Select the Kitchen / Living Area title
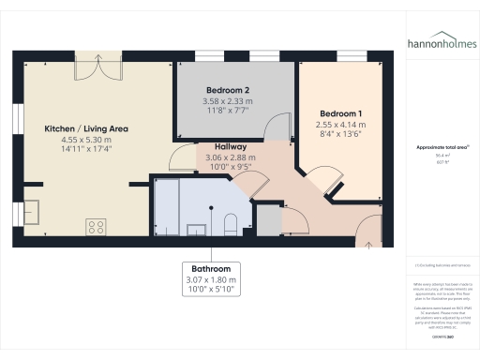point(88,127)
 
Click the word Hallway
point(231,146)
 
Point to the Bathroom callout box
point(211,278)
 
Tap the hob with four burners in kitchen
point(96,225)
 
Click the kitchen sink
point(32,209)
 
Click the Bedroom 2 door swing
point(277,128)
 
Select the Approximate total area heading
point(442,148)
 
